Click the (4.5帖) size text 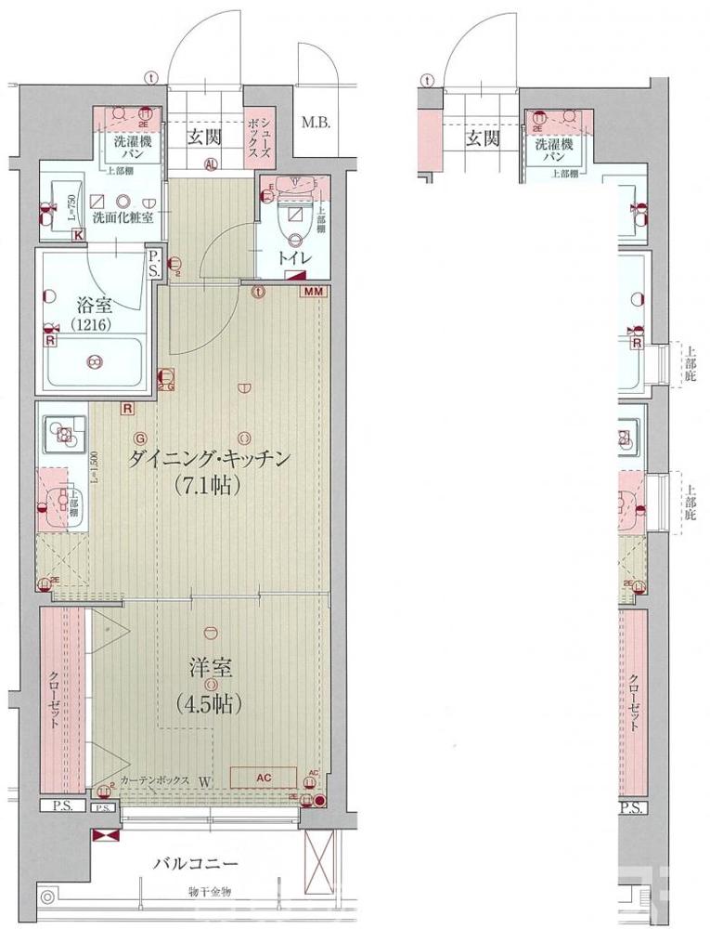(x=209, y=703)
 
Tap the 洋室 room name (x=211, y=669)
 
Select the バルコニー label (x=196, y=863)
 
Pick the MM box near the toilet (x=314, y=292)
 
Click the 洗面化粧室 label (x=123, y=217)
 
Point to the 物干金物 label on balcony (x=206, y=892)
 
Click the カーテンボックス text (x=154, y=781)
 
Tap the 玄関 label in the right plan (x=482, y=138)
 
